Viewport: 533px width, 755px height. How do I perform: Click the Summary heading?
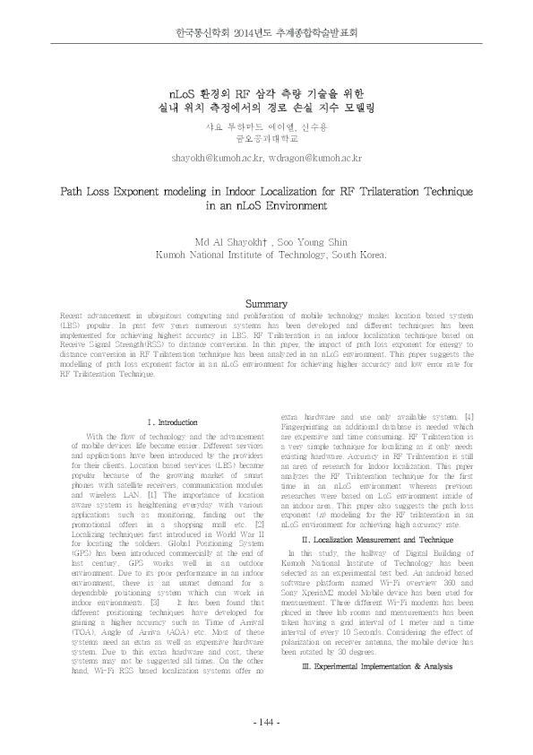[x=265, y=305]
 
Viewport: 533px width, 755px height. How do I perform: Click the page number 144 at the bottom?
[x=266, y=723]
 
